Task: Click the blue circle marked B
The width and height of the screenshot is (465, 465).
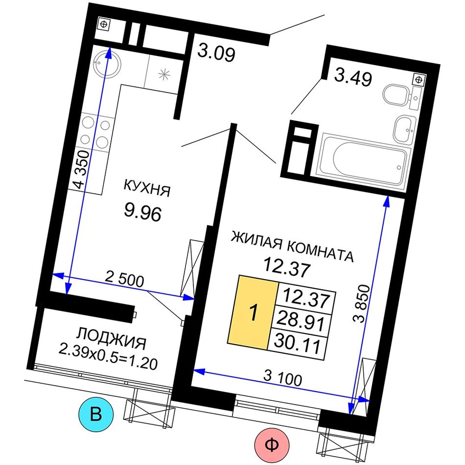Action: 96,414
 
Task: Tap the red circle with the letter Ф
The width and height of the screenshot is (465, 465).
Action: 272,445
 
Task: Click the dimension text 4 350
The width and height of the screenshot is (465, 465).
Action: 82,169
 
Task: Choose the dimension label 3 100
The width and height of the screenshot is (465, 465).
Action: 282,378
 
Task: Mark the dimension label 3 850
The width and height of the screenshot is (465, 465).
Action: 362,303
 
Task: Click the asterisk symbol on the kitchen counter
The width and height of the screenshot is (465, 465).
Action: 164,74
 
